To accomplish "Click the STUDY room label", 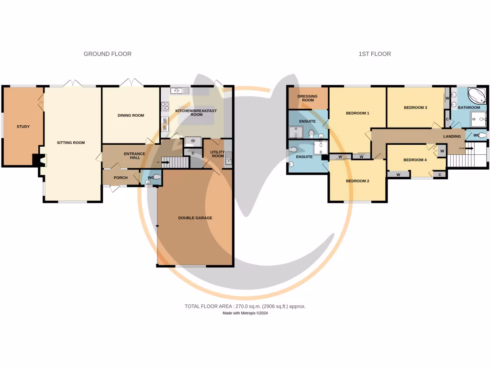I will (23, 127).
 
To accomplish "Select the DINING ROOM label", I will (131, 115).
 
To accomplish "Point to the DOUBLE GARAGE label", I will (195, 218).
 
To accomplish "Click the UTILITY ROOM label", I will (218, 154).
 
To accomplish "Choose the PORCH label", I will (121, 178).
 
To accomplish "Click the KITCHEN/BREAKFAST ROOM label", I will (196, 113).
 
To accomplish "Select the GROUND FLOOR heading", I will (108, 54).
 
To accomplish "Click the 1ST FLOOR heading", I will (375, 54).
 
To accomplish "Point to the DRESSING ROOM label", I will (307, 98).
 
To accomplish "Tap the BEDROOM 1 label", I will (358, 113).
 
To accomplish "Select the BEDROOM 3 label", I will (415, 108).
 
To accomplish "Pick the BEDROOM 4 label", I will (415, 160).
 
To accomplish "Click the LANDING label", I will (452, 136).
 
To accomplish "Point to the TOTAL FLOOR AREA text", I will (245, 306).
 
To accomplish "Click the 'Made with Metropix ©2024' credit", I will (245, 313).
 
